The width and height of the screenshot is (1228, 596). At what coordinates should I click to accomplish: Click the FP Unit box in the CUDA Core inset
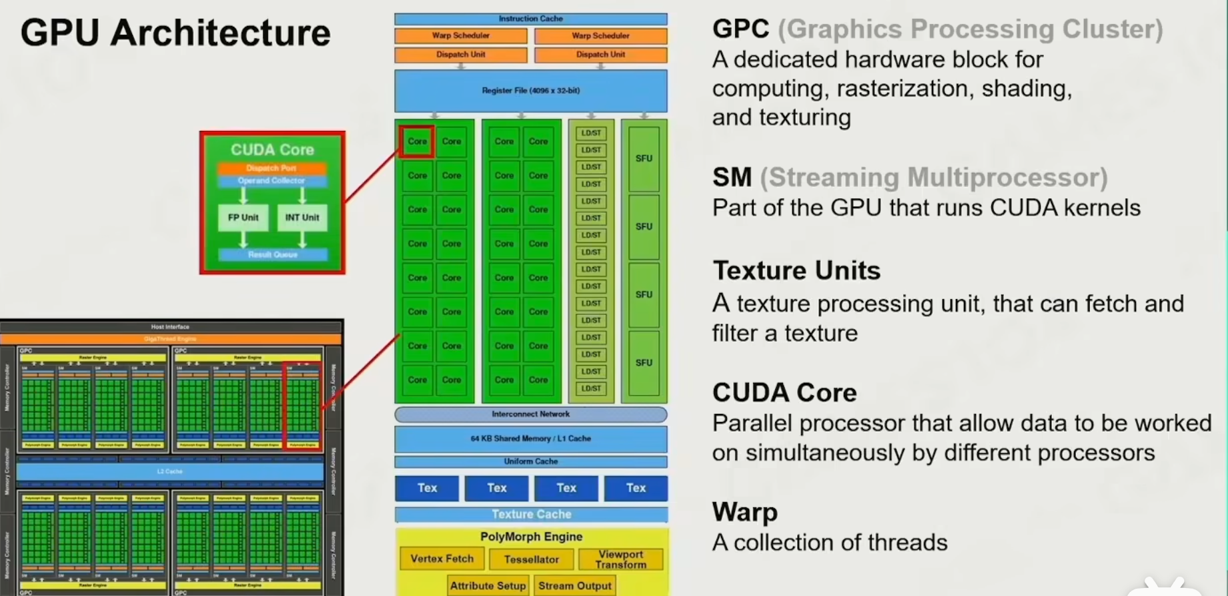243,218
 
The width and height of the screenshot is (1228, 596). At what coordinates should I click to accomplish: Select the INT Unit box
302,218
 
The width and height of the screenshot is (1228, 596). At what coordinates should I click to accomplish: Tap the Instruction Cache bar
530,19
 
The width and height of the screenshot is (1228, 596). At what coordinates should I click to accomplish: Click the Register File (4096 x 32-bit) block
530,91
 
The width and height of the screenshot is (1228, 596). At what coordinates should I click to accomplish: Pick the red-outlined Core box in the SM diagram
417,141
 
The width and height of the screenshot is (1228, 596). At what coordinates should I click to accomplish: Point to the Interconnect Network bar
530,414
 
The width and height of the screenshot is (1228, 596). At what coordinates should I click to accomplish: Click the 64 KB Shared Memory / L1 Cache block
530,438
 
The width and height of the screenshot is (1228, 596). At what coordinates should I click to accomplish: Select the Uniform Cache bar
530,461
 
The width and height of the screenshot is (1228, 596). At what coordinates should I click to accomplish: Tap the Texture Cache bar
531,515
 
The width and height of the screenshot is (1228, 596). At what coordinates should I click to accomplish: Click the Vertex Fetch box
442,559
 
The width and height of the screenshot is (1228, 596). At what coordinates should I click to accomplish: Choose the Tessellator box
531,559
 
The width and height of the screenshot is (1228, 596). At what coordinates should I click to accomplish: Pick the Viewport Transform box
620,559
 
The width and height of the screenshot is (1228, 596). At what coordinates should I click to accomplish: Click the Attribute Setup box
488,585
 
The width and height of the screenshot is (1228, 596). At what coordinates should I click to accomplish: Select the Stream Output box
574,585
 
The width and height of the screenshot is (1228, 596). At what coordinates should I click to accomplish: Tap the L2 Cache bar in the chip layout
169,471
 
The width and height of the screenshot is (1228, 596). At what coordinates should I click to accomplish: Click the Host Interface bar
170,327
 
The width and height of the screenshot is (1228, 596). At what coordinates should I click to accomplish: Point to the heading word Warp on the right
744,512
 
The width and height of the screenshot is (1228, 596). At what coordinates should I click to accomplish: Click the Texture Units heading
796,270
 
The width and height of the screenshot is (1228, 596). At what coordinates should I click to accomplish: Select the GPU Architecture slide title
175,33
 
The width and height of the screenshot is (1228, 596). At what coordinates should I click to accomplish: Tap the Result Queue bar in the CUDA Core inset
272,254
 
